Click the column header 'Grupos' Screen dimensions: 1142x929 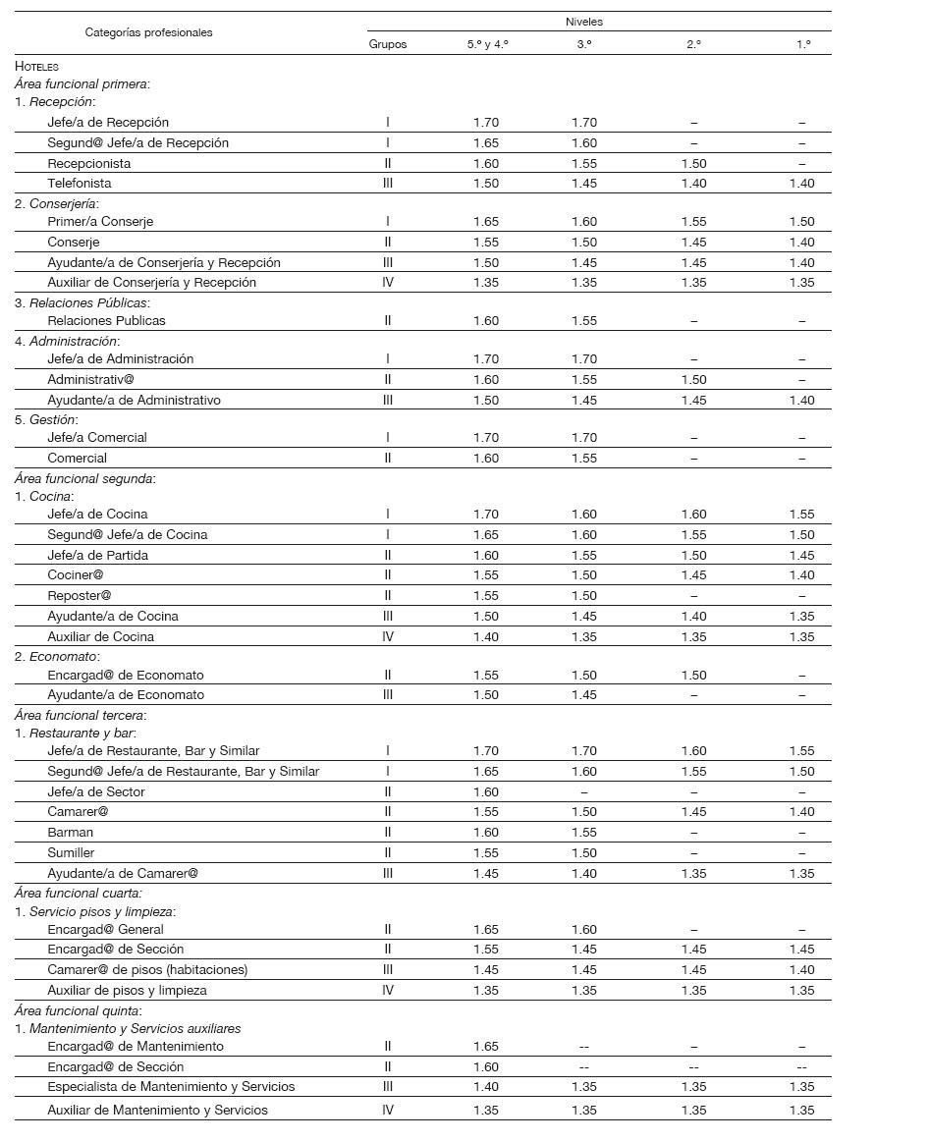(x=387, y=44)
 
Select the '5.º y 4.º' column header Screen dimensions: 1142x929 (x=487, y=44)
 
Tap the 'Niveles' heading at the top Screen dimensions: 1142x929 (x=584, y=22)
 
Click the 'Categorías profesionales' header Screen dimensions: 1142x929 (x=148, y=32)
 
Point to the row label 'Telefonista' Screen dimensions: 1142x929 (x=80, y=184)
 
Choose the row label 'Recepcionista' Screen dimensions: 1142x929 (x=88, y=163)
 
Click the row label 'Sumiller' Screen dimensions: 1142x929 (x=71, y=853)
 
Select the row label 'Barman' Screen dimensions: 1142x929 (x=70, y=833)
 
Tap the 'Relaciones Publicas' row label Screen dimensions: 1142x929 (x=106, y=321)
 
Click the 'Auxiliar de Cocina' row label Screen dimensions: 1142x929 (x=100, y=637)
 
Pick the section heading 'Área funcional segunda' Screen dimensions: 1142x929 (x=84, y=479)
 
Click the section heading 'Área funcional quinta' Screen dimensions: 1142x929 (x=79, y=1010)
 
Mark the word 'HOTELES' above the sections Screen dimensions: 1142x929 (x=36, y=66)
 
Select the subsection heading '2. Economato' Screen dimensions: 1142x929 (x=57, y=657)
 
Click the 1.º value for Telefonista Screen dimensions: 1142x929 (x=801, y=184)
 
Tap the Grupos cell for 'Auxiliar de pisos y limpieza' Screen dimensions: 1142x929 (x=388, y=991)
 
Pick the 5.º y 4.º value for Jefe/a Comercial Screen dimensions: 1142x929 (x=486, y=438)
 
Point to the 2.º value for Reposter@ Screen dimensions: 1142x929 (x=693, y=596)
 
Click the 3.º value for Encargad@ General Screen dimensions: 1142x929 (x=584, y=930)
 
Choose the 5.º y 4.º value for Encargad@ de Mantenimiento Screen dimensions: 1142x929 (x=486, y=1047)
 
